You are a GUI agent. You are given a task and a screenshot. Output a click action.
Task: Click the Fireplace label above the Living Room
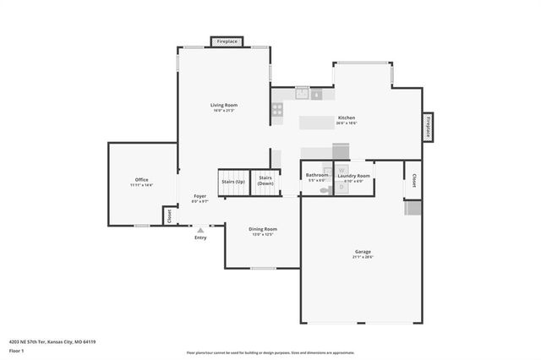(227, 41)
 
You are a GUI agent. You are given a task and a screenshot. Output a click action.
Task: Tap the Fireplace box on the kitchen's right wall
(429, 128)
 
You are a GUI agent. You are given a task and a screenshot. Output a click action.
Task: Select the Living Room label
(224, 105)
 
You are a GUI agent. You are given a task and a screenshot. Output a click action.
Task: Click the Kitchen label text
(347, 117)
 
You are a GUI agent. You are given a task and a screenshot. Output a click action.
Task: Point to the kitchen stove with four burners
(276, 108)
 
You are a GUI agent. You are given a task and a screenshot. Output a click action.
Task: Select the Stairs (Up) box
(233, 182)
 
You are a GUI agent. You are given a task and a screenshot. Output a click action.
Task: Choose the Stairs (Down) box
(265, 181)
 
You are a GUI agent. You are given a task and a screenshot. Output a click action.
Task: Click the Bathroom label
(317, 175)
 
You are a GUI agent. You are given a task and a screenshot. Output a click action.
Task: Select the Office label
(141, 179)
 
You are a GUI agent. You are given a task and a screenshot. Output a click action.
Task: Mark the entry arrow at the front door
(199, 228)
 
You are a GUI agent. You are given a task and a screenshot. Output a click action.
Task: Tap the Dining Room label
(262, 229)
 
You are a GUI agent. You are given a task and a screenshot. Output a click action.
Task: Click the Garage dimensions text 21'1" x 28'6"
(363, 257)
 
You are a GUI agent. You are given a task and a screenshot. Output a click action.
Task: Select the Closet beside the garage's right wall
(413, 180)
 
